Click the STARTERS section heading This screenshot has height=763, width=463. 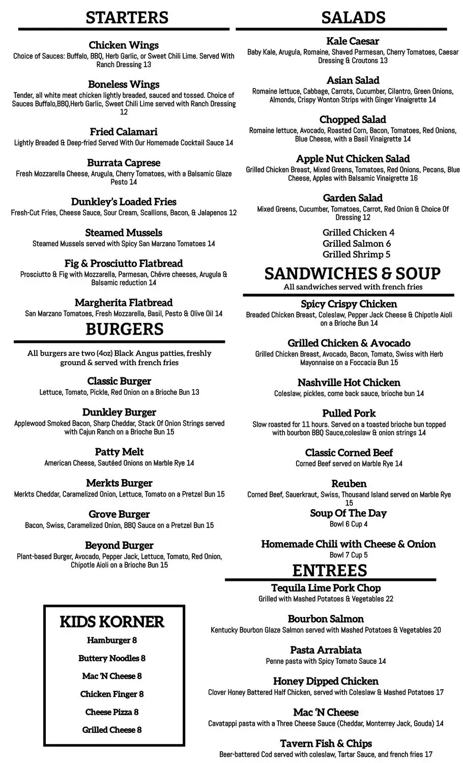tap(127, 17)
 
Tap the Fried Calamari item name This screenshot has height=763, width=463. tap(124, 132)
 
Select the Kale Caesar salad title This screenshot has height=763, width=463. tap(353, 41)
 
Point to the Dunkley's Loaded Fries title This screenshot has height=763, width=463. tap(124, 201)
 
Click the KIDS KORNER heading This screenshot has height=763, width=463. tap(112, 622)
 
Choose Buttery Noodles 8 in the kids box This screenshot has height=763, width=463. tap(112, 658)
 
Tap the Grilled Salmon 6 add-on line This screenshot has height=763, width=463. tap(357, 244)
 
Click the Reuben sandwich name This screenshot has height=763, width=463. tap(349, 484)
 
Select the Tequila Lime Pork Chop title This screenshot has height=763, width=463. tap(326, 588)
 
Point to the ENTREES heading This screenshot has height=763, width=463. tap(329, 570)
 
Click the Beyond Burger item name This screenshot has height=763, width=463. tap(119, 545)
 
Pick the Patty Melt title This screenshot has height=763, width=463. tap(119, 452)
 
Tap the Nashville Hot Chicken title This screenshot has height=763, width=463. tap(349, 383)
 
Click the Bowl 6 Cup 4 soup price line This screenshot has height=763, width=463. tap(349, 524)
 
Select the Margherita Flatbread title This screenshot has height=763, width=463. tap(124, 303)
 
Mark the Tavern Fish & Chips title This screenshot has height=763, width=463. tap(326, 744)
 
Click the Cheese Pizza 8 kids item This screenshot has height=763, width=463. tap(112, 712)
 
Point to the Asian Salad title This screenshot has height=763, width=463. tap(353, 80)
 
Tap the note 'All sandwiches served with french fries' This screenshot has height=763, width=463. tap(353, 287)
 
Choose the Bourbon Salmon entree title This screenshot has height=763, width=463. tap(326, 619)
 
